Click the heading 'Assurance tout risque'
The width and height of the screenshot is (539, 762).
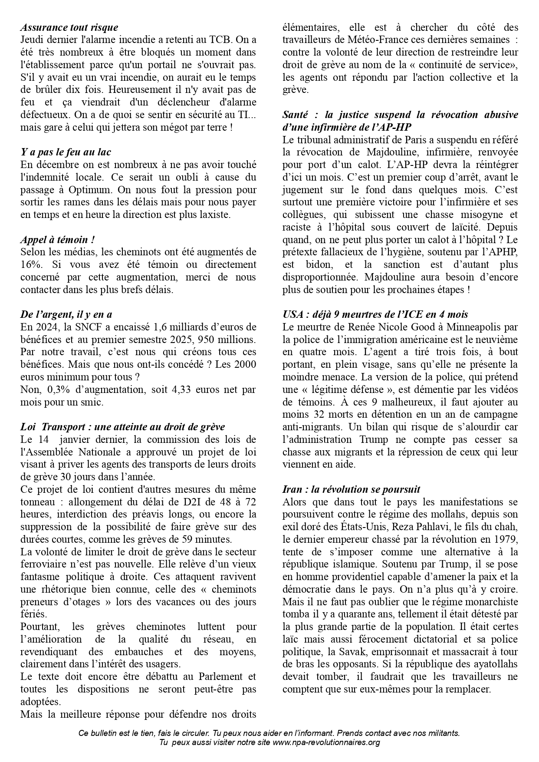click(x=69, y=27)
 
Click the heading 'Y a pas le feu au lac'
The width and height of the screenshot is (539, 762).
click(x=66, y=152)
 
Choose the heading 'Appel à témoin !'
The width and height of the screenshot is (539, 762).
click(x=58, y=240)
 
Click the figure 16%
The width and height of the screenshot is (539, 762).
click(x=30, y=264)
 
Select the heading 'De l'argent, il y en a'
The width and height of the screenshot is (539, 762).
click(x=66, y=314)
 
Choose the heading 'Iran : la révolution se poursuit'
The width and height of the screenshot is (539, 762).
click(x=351, y=489)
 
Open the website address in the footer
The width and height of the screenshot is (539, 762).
click(x=326, y=742)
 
